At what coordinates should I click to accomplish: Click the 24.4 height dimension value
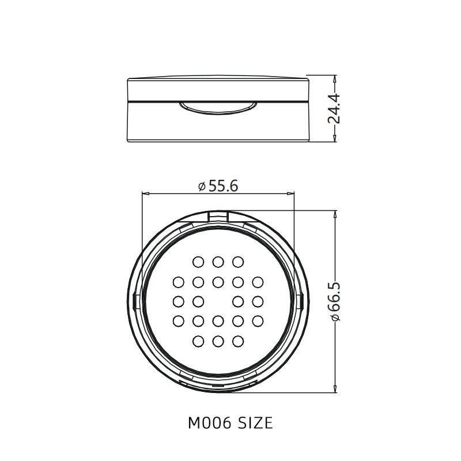click(334, 108)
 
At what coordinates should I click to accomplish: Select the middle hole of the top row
click(218, 262)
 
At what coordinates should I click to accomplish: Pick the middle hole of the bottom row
click(218, 341)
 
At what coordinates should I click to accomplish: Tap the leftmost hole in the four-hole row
click(178, 301)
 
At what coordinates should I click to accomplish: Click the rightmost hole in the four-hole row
click(258, 301)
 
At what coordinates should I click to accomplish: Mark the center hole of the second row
click(218, 282)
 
